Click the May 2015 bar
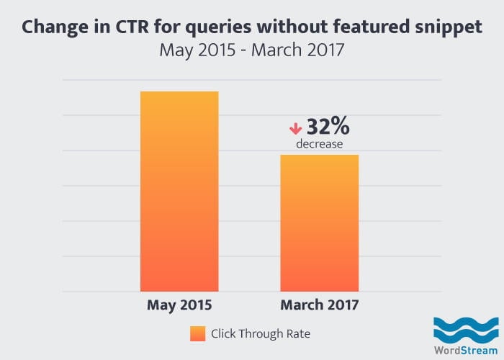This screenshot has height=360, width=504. (x=179, y=191)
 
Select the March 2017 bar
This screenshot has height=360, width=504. (x=319, y=222)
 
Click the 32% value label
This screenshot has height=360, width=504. (x=328, y=127)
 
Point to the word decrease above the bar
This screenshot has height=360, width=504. (x=319, y=145)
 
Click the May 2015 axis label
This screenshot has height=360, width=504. (x=179, y=305)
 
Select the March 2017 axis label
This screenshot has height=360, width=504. (x=319, y=305)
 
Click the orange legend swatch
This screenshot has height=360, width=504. (x=198, y=334)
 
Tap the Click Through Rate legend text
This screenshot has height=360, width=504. (x=260, y=334)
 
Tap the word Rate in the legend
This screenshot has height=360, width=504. (x=298, y=334)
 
